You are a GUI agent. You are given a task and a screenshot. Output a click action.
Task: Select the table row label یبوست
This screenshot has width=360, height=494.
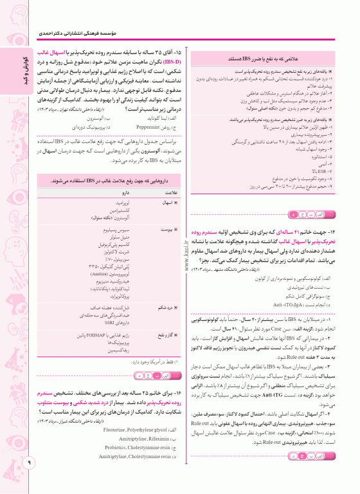click(x=170, y=228)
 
